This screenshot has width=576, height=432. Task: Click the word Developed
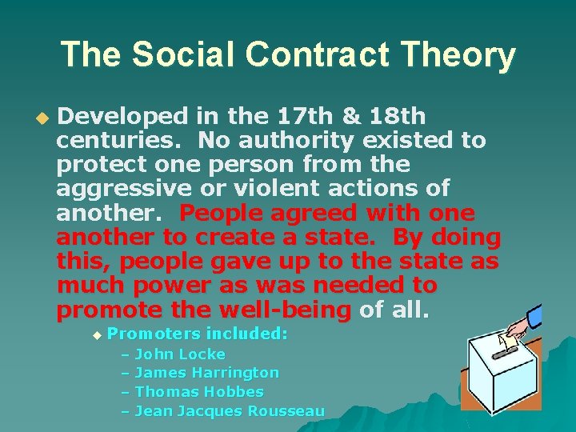coord(124,117)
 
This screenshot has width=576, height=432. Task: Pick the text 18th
coord(398,117)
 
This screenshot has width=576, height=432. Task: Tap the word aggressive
coord(124,189)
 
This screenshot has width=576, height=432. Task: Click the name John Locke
coord(180,354)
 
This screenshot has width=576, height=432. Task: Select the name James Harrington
coord(207,373)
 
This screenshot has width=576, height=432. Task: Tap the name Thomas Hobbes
coord(199,392)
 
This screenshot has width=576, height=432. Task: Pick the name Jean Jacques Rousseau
coord(230,411)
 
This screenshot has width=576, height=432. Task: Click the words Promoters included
coord(197,334)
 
